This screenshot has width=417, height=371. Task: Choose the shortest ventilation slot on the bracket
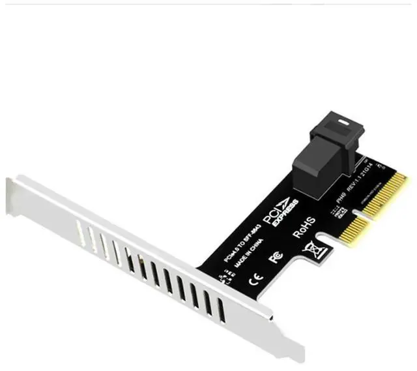pyautogui.click(x=81, y=231)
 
